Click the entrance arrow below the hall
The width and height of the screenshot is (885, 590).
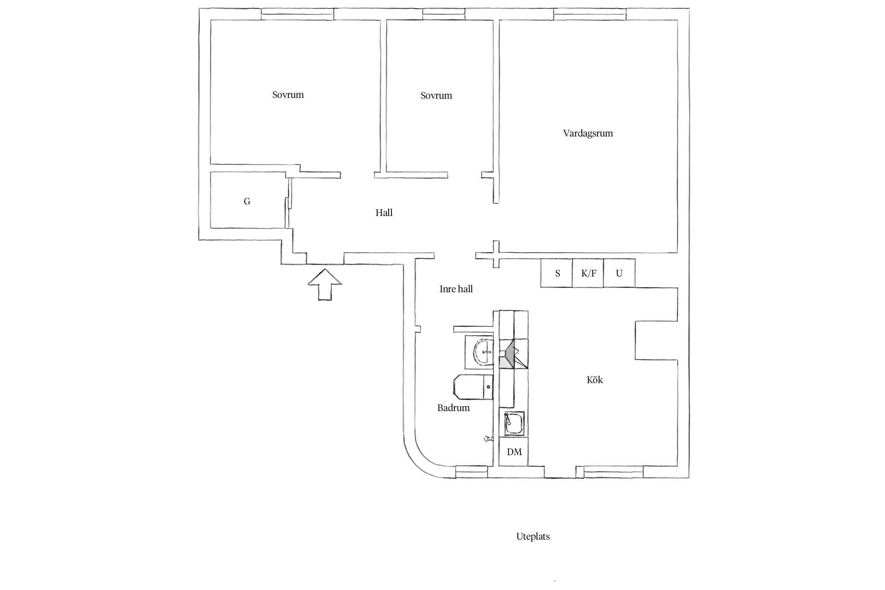324,284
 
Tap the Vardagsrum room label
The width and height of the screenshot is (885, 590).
588,133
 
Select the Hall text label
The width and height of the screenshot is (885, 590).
384,213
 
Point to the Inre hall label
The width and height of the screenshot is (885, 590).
456,289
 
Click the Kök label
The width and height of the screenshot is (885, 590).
595,380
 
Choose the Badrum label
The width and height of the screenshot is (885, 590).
454,408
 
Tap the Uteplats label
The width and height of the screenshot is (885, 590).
533,537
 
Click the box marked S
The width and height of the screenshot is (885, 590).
557,273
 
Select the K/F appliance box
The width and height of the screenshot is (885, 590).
588,273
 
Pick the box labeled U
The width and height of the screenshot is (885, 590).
619,273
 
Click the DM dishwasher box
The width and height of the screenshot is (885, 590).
514,452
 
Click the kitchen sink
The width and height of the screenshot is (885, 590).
514,423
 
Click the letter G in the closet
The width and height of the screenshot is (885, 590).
247,201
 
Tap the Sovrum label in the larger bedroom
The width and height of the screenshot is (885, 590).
288,95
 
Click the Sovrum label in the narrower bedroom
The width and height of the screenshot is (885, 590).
436,96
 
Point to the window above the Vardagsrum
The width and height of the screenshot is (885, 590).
590,15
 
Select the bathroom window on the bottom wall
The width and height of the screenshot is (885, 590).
471,472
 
